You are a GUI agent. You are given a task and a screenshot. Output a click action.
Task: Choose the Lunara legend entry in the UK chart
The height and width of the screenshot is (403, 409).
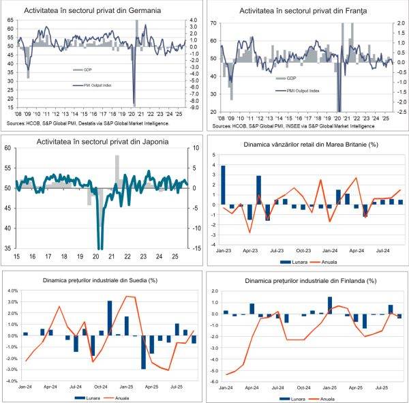pyautogui.click(x=292, y=261)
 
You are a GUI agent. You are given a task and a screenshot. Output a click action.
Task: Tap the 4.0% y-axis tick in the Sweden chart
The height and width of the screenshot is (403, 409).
pyautogui.click(x=12, y=290)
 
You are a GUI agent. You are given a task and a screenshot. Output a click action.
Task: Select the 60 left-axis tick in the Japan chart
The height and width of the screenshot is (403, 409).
pyautogui.click(x=6, y=147)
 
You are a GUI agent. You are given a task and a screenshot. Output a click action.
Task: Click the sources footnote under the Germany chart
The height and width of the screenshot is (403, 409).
pyautogui.click(x=92, y=123)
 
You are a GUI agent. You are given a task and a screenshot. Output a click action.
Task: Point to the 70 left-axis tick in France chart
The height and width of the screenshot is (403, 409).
pyautogui.click(x=213, y=23)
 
